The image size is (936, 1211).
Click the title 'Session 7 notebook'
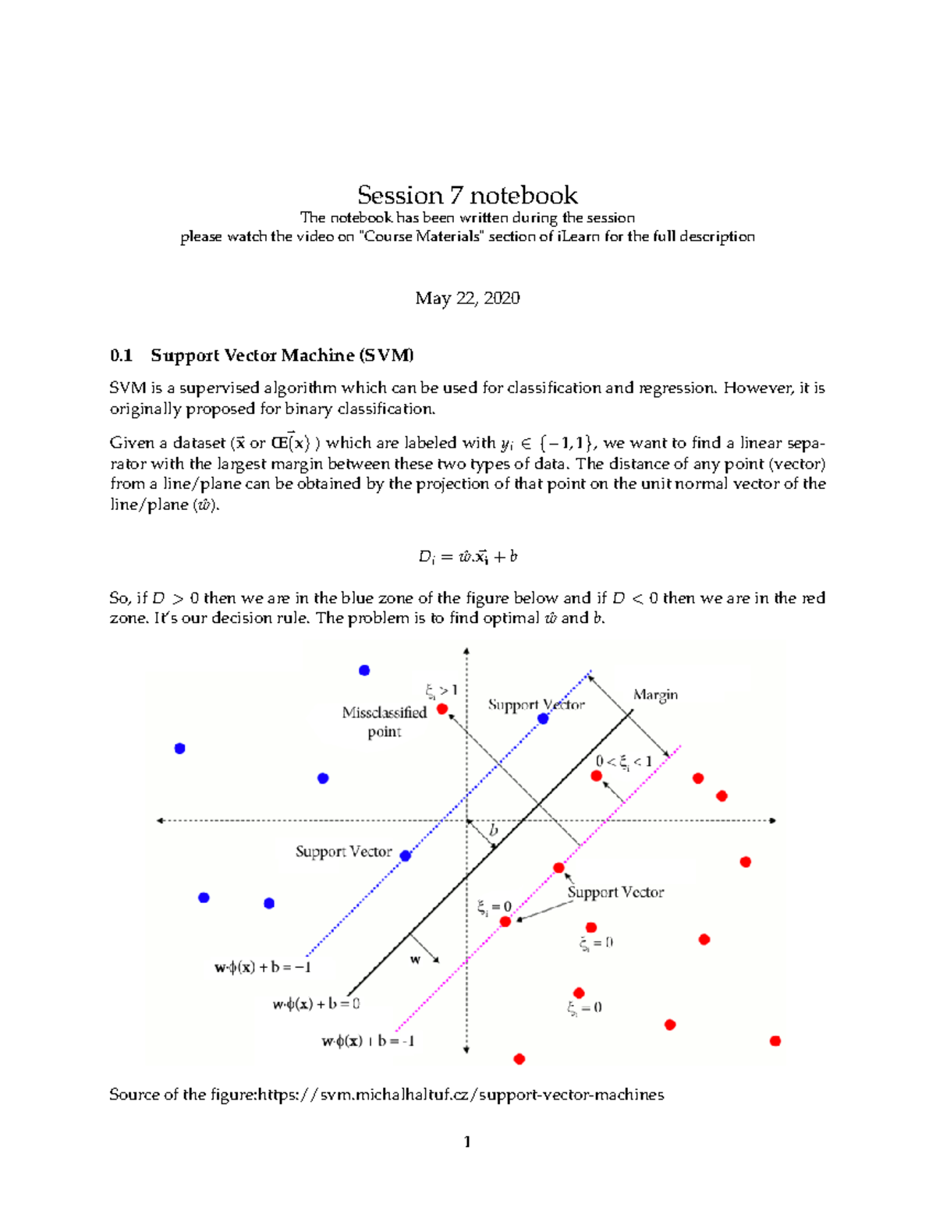pos(467,195)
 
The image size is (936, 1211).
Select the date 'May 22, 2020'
pos(467,298)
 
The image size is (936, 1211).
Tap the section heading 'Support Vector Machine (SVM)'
pos(282,356)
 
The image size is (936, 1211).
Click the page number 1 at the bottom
pos(467,1142)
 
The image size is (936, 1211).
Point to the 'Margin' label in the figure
pos(655,695)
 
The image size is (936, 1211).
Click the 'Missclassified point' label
pos(385,721)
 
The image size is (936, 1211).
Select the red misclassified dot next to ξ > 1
pos(442,709)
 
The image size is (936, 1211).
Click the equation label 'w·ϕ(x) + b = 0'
pos(316,1004)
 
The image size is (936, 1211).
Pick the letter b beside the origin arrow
pos(493,831)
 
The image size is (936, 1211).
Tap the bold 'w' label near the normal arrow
pos(415,960)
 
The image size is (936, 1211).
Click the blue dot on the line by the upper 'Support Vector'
pos(544,719)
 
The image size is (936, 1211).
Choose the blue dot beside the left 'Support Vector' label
pos(406,855)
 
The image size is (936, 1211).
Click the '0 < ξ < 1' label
pos(623,762)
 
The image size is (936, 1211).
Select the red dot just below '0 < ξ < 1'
pos(597,776)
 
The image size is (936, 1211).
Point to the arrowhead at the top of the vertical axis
pos(466,650)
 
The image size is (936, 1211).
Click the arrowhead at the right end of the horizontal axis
pos(773,820)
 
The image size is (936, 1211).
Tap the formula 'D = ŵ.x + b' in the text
pos(467,557)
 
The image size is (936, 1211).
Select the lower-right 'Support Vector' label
pos(615,892)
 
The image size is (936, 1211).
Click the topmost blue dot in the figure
pos(364,671)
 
